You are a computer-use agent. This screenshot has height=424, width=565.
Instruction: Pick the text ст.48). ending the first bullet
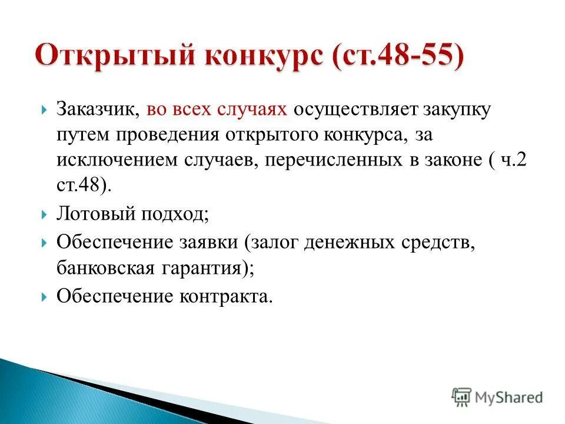[x=84, y=185]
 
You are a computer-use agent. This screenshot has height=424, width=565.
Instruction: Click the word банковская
[x=103, y=267]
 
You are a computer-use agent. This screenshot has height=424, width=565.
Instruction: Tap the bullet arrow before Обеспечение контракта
[x=45, y=296]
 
